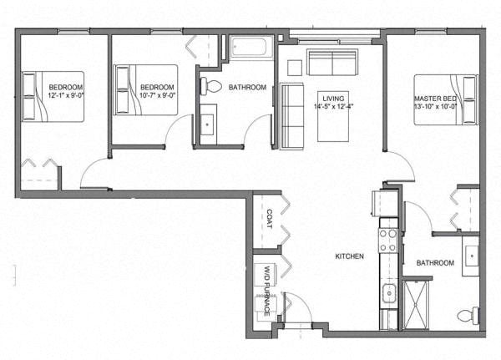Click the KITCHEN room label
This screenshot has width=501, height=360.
pyautogui.click(x=349, y=256)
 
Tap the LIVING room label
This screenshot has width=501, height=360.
pyautogui.click(x=333, y=99)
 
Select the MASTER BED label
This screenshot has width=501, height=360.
pyautogui.click(x=435, y=99)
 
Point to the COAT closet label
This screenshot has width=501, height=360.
pyautogui.click(x=270, y=219)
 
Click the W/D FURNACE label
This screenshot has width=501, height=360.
pyautogui.click(x=267, y=291)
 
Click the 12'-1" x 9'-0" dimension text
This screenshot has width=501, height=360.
pyautogui.click(x=65, y=95)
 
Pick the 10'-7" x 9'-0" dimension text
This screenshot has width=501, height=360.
pyautogui.click(x=158, y=95)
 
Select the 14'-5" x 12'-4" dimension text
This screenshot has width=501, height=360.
pyautogui.click(x=333, y=106)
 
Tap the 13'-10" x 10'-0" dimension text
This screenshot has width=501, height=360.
pyautogui.click(x=435, y=106)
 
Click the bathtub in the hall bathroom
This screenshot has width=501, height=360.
pyautogui.click(x=252, y=48)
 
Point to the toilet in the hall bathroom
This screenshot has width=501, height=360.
pyautogui.click(x=211, y=86)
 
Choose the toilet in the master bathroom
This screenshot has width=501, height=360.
pyautogui.click(x=468, y=315)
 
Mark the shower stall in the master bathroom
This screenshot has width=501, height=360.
pyautogui.click(x=415, y=305)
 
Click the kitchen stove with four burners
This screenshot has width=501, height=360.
pyautogui.click(x=388, y=240)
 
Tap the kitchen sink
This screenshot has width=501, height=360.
pyautogui.click(x=389, y=292)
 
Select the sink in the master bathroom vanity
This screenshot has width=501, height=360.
pyautogui.click(x=471, y=256)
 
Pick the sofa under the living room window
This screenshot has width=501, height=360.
pyautogui.click(x=332, y=62)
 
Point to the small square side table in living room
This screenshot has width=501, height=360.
pyautogui.click(x=294, y=68)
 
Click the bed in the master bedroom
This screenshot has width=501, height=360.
pyautogui.click(x=446, y=99)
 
